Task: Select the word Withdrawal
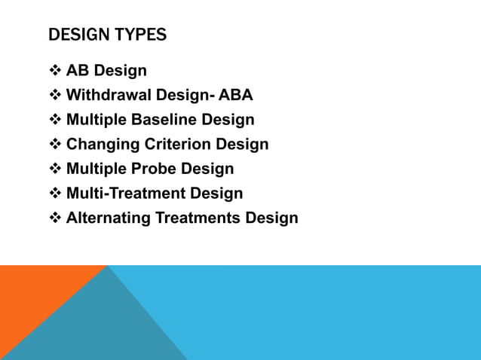click(x=109, y=96)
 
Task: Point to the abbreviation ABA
click(x=236, y=96)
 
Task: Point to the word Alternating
click(x=109, y=218)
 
